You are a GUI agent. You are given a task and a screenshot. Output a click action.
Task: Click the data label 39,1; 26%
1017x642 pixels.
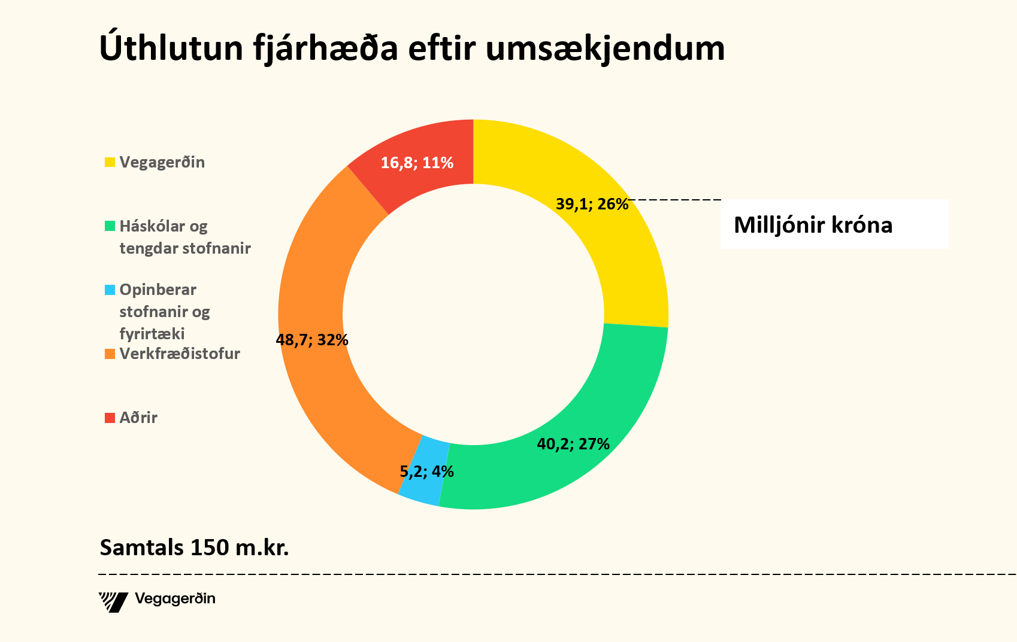point(592,205)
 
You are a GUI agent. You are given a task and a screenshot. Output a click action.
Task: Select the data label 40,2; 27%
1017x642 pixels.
point(573,444)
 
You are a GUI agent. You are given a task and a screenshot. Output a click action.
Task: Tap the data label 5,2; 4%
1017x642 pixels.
point(426,471)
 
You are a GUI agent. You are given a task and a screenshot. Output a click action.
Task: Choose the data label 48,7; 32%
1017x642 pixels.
point(312,340)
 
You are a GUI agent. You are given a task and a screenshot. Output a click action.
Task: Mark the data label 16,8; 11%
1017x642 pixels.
point(417,163)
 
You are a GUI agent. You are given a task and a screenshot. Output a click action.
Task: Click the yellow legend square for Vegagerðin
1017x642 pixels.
point(110,162)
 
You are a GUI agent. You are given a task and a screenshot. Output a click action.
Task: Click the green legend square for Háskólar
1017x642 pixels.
point(110,226)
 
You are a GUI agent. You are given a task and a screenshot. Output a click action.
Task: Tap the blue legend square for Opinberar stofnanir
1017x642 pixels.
point(110,290)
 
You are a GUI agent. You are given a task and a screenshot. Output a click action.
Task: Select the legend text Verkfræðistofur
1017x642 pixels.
point(180,354)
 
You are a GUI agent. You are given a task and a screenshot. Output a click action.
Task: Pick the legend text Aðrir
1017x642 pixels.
point(138,418)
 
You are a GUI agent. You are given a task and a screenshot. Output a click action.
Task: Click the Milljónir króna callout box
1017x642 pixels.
point(834,224)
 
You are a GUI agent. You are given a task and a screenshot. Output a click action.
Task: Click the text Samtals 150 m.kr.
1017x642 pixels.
point(194,547)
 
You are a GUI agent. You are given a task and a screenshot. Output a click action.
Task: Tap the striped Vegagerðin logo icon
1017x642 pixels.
point(113,601)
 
